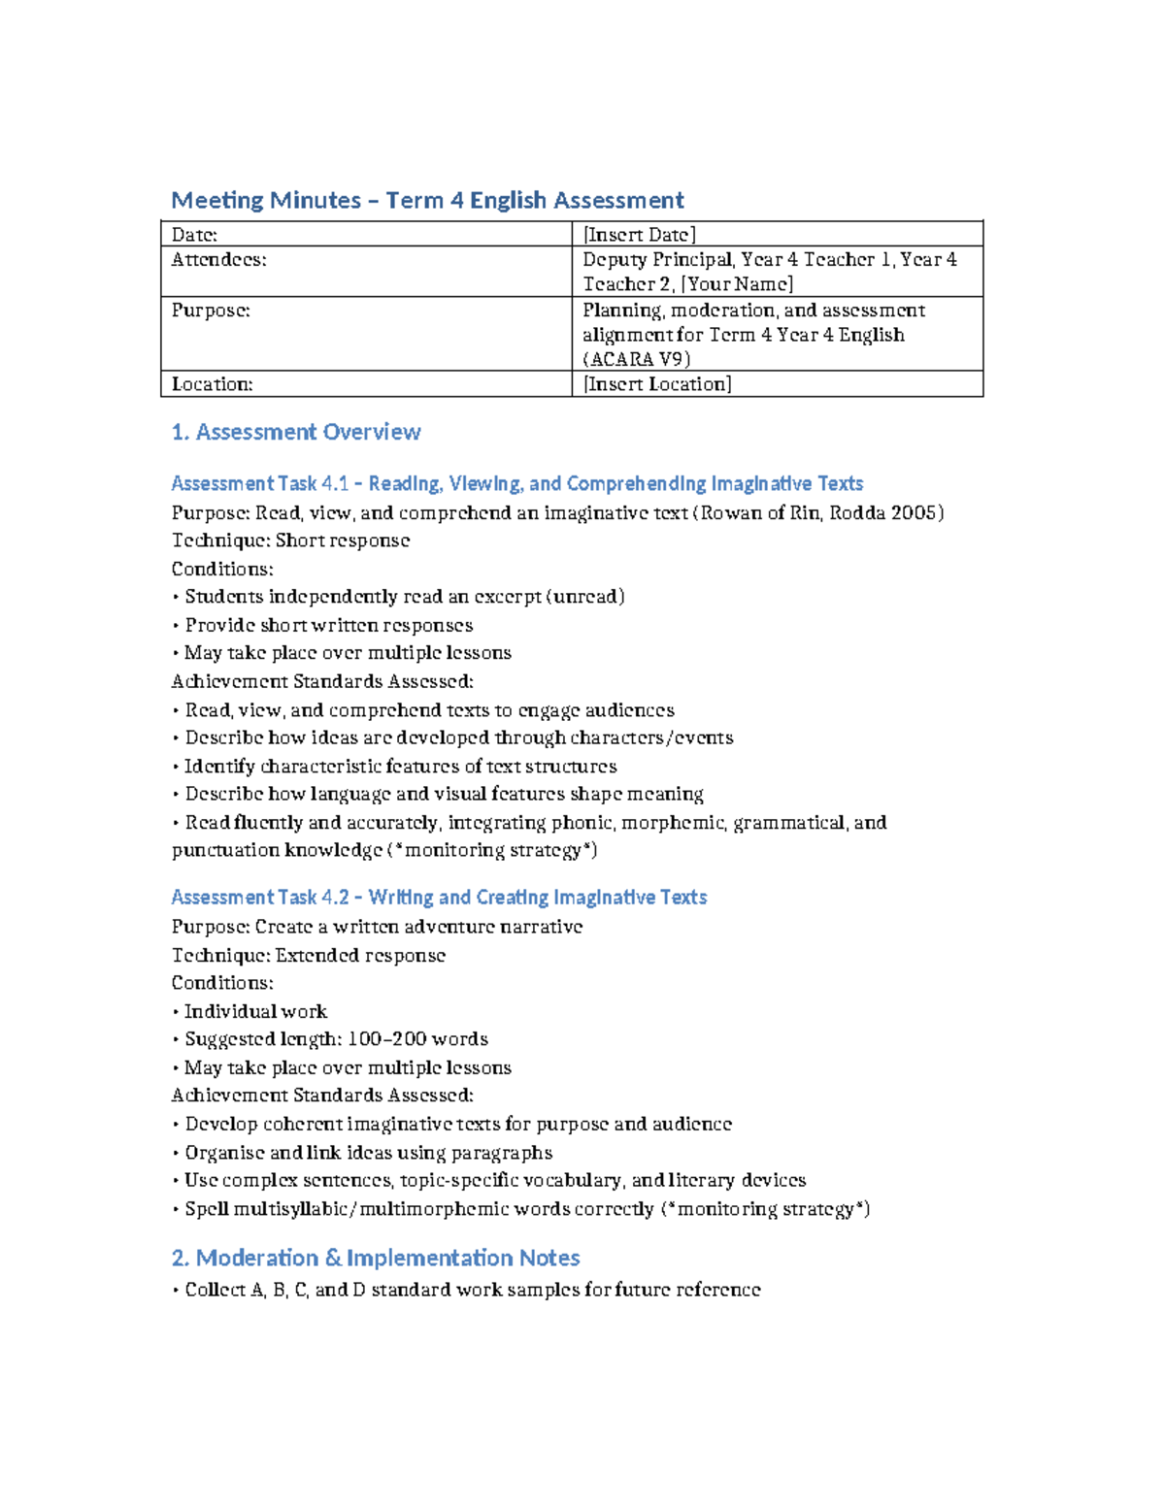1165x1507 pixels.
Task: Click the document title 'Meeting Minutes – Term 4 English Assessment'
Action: [427, 201]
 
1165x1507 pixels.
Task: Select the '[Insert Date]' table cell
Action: [639, 235]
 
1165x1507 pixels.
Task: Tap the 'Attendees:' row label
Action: [218, 260]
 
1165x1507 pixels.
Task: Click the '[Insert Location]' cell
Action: [657, 384]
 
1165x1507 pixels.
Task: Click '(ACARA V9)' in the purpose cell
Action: [636, 359]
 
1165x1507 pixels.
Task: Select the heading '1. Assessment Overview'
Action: [296, 433]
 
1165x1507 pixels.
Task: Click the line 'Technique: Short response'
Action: [290, 541]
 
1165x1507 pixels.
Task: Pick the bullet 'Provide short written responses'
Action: [328, 626]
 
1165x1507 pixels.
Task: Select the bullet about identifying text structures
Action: [400, 767]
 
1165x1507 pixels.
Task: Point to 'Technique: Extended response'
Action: [309, 956]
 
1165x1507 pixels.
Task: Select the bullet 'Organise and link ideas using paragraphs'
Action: [368, 1153]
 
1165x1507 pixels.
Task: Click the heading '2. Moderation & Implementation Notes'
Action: [376, 1259]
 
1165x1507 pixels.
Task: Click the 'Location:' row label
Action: [212, 384]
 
